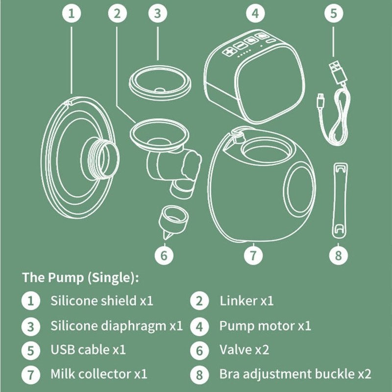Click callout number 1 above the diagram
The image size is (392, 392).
(72, 13)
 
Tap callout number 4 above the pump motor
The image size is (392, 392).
(254, 13)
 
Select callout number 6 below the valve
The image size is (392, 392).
(164, 255)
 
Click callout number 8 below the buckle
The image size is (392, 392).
(338, 255)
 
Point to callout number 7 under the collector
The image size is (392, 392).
(253, 255)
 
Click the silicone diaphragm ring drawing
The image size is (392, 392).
(159, 83)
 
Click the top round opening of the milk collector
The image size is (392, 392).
(262, 149)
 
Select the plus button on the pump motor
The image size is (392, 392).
(229, 51)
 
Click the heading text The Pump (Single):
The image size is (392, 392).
(80, 277)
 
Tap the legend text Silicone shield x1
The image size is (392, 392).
(101, 300)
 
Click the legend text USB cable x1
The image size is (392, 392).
(88, 350)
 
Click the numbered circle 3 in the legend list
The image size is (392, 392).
(30, 325)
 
